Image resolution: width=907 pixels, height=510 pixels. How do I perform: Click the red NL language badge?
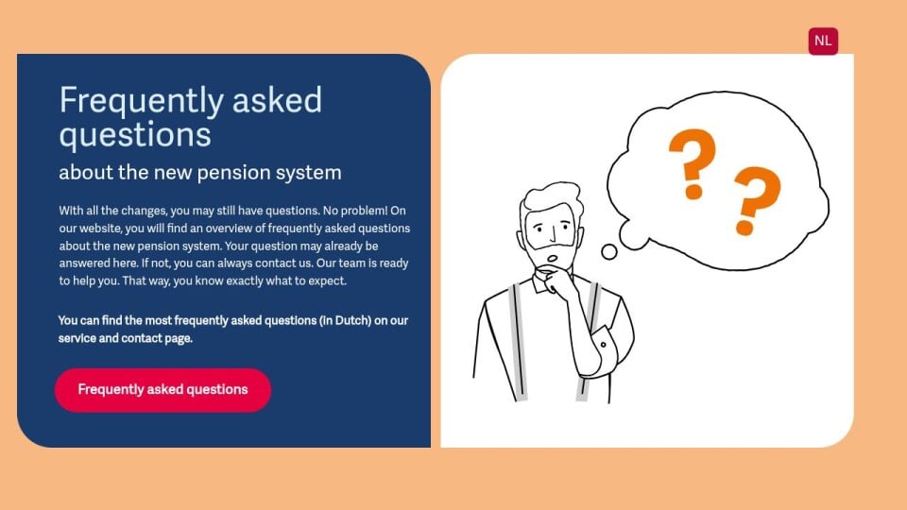coord(823,41)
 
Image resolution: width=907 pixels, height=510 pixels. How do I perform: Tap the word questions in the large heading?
coord(135,136)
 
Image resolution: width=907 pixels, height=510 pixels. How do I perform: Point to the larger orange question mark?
coord(693,163)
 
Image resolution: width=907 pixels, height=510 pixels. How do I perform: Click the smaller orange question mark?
coord(756,200)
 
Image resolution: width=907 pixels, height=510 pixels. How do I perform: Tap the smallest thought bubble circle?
coord(609,252)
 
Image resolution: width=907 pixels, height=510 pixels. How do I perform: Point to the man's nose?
coord(554,234)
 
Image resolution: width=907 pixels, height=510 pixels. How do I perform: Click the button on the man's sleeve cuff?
coord(603,345)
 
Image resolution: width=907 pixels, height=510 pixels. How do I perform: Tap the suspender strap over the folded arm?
coord(589,342)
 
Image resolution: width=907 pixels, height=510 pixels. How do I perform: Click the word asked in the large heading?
coord(277,100)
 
